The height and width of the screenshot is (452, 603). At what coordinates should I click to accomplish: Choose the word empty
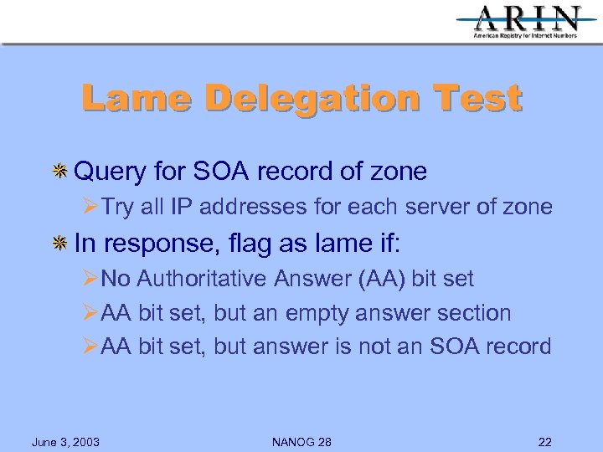(x=318, y=313)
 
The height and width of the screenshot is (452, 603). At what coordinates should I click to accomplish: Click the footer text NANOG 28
(x=301, y=442)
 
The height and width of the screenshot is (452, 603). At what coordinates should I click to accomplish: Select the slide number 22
(x=545, y=442)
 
